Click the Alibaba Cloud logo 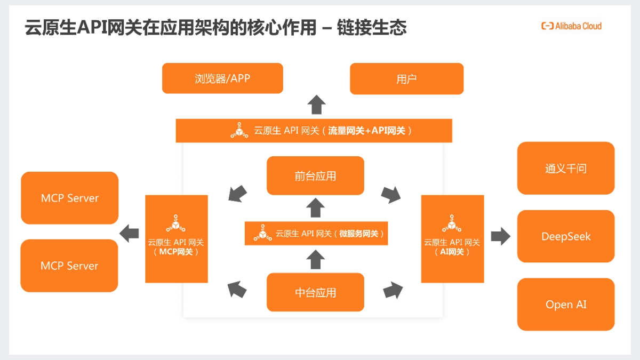(571, 26)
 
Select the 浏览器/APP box (222, 78)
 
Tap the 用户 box (406, 79)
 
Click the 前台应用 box (315, 175)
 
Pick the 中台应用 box (315, 292)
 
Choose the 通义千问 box (565, 168)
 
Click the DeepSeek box (565, 236)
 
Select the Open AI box (565, 305)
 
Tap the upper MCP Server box (69, 198)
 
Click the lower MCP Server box (69, 266)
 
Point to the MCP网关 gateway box (176, 239)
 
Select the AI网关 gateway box (452, 239)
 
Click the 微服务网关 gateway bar (316, 234)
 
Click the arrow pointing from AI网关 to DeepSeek (500, 236)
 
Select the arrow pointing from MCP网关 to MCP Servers (130, 233)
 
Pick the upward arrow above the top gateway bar (317, 105)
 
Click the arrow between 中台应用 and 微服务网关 (316, 260)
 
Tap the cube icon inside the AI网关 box (451, 224)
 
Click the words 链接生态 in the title (372, 27)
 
